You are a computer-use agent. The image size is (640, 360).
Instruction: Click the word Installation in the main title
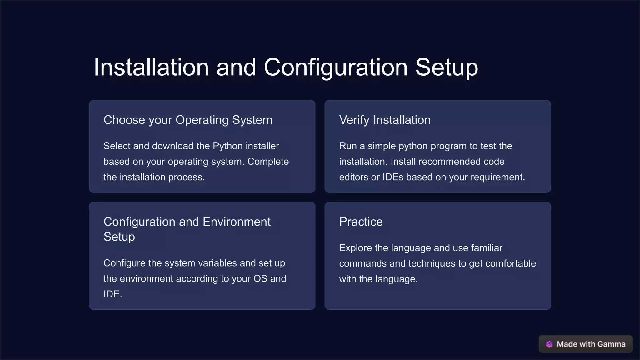[x=151, y=67]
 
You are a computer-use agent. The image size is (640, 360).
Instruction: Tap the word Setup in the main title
[x=447, y=67]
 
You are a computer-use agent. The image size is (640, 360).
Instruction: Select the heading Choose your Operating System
[x=188, y=120]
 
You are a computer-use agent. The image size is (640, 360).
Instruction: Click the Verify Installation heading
[x=385, y=120]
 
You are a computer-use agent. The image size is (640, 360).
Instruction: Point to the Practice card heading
[x=361, y=222]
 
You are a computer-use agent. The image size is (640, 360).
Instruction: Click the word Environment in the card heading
[x=237, y=222]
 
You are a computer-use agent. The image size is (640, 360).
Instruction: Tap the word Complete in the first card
[x=268, y=162]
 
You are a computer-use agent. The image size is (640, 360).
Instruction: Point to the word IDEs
[x=393, y=177]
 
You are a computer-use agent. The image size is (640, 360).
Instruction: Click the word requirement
[x=497, y=177]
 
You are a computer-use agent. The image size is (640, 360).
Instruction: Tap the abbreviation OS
[x=260, y=279]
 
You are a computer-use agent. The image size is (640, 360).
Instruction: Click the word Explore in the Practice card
[x=356, y=248]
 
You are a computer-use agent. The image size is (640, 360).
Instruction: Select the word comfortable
[x=510, y=263]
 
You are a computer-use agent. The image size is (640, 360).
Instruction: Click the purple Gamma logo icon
[x=549, y=344]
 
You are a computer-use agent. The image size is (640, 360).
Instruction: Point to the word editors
[x=353, y=177]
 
